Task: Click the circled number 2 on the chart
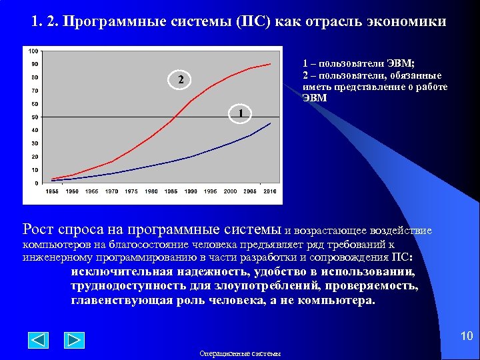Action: coord(179,81)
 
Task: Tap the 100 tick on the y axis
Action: coord(33,51)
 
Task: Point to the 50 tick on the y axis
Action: coord(34,117)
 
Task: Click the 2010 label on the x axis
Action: coord(270,191)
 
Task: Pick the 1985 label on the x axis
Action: coord(171,191)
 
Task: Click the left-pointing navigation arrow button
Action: coord(38,340)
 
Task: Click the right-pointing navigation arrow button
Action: coord(74,340)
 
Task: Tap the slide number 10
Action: coord(466,335)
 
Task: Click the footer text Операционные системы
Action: coord(240,353)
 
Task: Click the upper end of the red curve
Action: coord(269,64)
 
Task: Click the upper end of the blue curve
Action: coord(270,123)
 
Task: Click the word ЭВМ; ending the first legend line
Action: coord(399,63)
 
